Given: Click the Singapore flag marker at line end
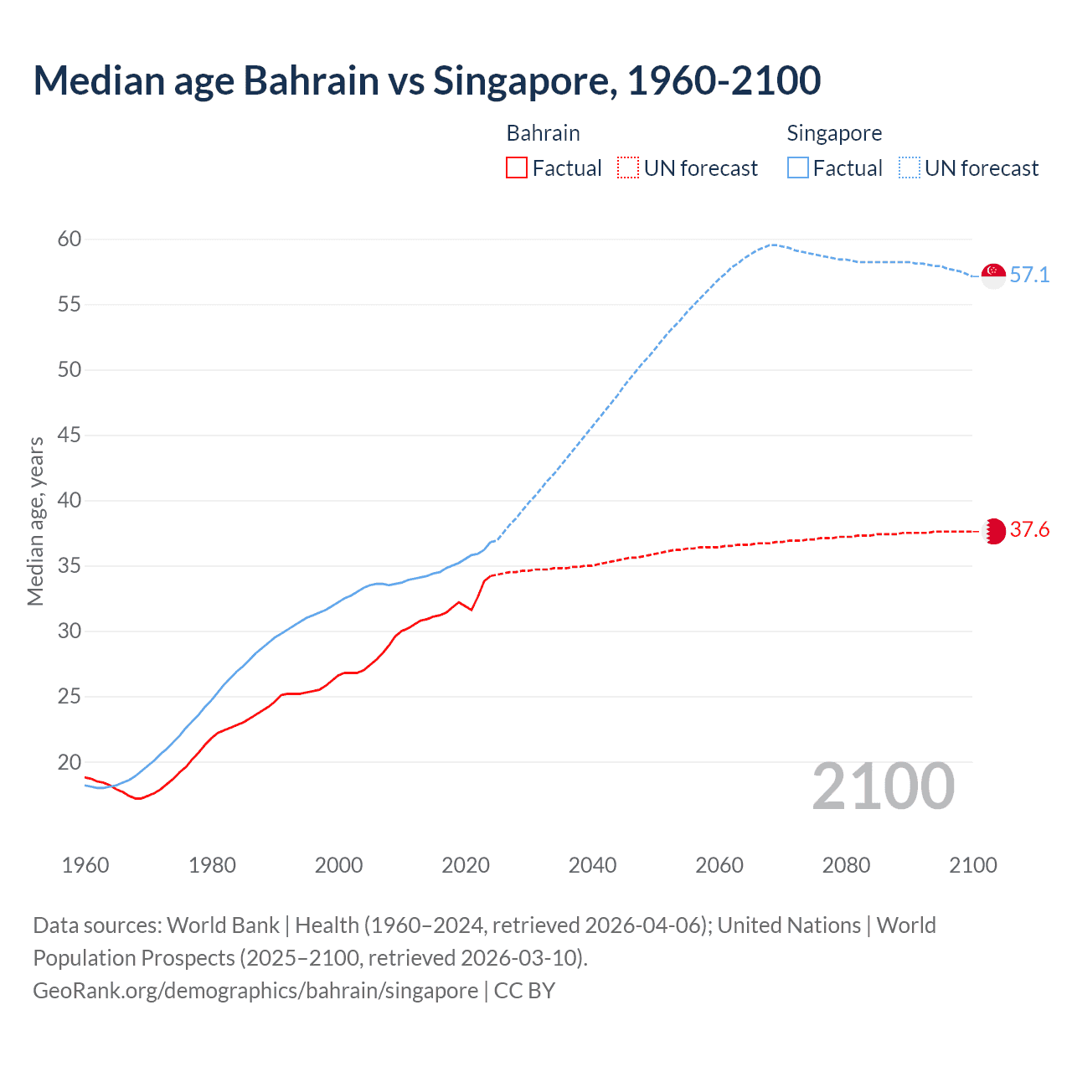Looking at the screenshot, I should click(x=993, y=275).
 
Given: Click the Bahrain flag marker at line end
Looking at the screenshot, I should click(x=993, y=531).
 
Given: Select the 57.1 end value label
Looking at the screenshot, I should click(x=1029, y=275).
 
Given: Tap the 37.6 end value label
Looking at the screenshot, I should click(x=1029, y=529).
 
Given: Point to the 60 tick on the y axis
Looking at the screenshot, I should click(x=70, y=240).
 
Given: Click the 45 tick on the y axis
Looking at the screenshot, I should click(x=70, y=435).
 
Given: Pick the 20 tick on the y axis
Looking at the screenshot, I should click(x=70, y=762).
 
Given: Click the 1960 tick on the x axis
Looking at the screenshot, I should click(x=85, y=865).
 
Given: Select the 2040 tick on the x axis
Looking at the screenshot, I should click(x=592, y=865).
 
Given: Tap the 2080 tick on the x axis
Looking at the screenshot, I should click(x=846, y=865).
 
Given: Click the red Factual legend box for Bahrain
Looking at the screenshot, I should click(x=517, y=168).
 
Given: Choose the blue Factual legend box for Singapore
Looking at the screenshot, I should click(x=798, y=168).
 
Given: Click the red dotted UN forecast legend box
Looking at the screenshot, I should click(x=628, y=168).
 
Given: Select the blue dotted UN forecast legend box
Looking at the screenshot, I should click(x=910, y=168).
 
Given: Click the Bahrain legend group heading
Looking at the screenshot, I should click(x=543, y=133).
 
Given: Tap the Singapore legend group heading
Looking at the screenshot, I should click(x=834, y=133).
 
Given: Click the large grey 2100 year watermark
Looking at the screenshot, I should click(x=883, y=786).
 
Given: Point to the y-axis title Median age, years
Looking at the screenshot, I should click(x=35, y=521).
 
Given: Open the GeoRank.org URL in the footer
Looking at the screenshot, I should click(x=255, y=991).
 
